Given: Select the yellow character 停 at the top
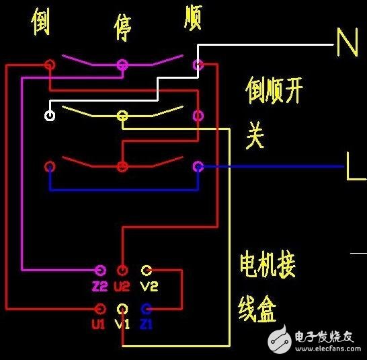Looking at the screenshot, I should tap(122, 28).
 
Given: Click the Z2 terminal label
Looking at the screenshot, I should tap(100, 286).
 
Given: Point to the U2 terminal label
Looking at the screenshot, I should tap(122, 286).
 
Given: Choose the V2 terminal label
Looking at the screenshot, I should tap(149, 286).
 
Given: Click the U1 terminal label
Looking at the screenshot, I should tap(99, 324).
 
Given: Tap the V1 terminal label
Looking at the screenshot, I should tap(122, 324).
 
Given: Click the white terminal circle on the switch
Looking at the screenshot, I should tap(50, 115).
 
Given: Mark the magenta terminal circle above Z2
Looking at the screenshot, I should tap(100, 271).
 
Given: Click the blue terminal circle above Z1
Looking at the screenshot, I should tap(146, 309).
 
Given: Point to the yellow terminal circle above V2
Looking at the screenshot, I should tap(146, 271).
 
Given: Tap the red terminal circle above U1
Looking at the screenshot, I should tap(100, 309).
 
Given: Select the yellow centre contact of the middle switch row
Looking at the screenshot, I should tap(122, 115).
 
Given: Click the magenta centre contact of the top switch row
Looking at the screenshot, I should tap(122, 65).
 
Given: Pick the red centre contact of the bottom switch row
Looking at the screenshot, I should tap(122, 166).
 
